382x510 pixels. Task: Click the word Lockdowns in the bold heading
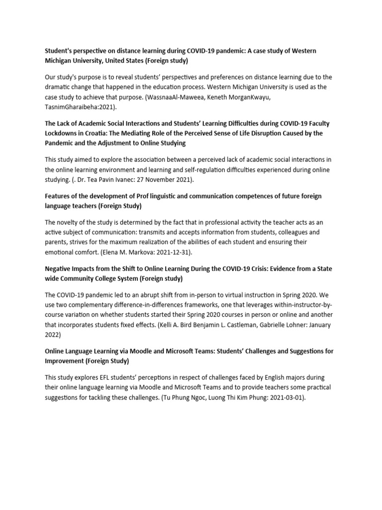(x=62, y=133)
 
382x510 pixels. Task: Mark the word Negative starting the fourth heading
(x=59, y=269)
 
